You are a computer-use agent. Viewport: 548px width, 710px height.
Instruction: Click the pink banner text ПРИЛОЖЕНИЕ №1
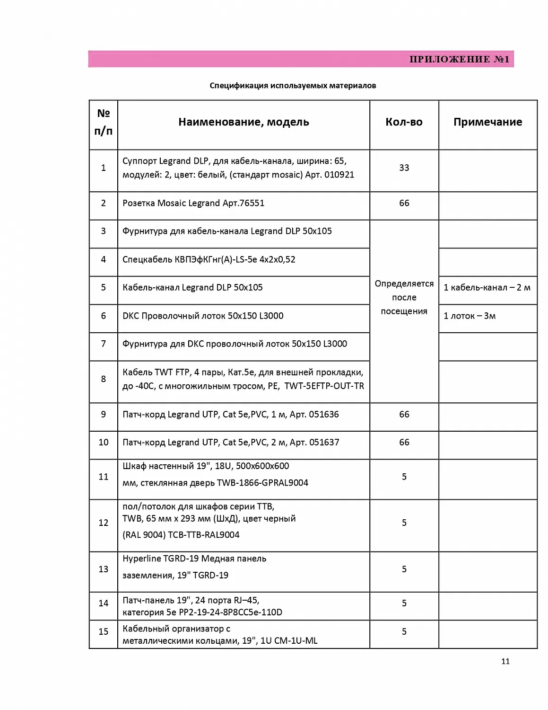(x=459, y=59)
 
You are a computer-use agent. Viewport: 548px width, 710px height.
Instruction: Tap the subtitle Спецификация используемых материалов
(x=293, y=86)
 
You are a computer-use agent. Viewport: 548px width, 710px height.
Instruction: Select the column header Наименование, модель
(x=244, y=122)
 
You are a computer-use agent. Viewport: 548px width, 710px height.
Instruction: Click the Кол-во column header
(x=404, y=122)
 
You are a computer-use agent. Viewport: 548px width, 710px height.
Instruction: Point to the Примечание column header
(x=487, y=122)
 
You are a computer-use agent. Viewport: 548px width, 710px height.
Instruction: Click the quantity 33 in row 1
(x=404, y=168)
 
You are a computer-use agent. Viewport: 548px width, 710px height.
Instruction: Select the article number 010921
(x=339, y=175)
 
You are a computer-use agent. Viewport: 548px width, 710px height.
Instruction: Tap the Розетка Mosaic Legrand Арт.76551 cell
(x=193, y=203)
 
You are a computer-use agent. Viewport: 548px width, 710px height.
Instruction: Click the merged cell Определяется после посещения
(x=404, y=297)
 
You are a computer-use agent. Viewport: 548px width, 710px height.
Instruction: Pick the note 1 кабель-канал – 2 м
(x=487, y=287)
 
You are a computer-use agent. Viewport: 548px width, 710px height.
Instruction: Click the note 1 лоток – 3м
(x=470, y=316)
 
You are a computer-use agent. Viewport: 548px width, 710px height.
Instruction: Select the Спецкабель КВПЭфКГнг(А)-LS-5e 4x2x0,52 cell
(x=209, y=259)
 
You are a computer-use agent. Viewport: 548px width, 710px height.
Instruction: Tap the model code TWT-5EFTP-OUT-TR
(x=324, y=386)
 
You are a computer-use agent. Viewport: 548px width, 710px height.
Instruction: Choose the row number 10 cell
(x=104, y=442)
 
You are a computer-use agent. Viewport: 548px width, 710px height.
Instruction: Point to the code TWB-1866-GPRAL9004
(x=262, y=483)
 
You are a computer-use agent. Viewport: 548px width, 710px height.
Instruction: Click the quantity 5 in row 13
(x=404, y=569)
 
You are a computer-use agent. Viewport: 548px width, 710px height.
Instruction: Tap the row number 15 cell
(x=104, y=631)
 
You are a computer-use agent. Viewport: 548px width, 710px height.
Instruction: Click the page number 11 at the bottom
(x=505, y=661)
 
